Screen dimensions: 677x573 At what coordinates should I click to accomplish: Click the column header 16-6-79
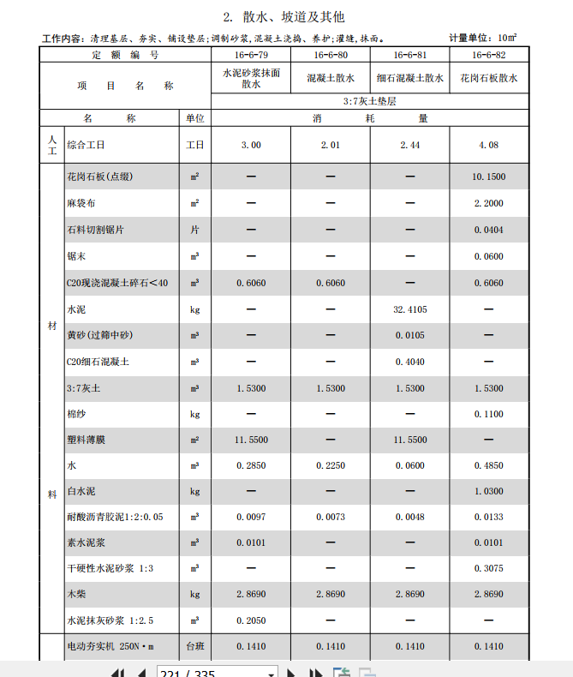coord(251,55)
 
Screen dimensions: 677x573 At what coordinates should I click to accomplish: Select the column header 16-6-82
coord(488,55)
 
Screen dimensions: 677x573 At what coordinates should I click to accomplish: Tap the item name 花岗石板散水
coord(488,78)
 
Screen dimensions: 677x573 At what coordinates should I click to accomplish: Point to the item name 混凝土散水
coord(330,78)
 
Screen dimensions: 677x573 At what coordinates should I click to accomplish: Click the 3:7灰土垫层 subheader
coord(369,100)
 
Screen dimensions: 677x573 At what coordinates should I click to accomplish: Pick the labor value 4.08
coord(488,145)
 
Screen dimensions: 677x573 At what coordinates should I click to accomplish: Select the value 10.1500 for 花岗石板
coord(488,177)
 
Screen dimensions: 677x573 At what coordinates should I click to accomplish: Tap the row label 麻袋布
coord(80,204)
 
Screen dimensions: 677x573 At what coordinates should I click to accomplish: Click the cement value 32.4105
coord(409,309)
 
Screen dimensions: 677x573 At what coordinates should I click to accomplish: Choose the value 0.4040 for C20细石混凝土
coord(409,362)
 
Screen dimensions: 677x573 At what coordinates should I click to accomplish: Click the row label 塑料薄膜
coord(86,440)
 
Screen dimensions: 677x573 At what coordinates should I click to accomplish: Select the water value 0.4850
coord(488,466)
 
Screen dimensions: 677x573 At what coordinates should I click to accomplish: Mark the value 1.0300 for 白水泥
coord(488,492)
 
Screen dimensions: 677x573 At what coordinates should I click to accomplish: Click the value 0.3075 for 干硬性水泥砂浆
coord(488,568)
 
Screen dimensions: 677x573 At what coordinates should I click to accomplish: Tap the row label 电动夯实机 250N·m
coord(110,647)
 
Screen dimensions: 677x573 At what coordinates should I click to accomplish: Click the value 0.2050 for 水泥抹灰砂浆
coord(251,620)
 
